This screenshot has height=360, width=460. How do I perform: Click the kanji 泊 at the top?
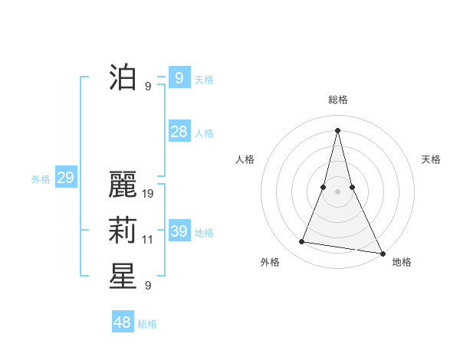123,77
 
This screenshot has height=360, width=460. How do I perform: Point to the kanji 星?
123,277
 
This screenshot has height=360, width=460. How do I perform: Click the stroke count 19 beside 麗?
149,194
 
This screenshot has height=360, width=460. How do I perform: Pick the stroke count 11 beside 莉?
148,240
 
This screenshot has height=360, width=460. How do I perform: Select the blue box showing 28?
179,132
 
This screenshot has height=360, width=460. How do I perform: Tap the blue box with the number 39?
179,231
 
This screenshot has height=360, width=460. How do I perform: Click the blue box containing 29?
65,178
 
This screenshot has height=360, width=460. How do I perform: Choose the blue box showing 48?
123,322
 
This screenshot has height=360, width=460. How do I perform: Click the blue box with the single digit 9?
179,77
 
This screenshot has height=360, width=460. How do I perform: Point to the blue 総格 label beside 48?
147,324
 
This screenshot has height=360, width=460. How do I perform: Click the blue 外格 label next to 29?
41,179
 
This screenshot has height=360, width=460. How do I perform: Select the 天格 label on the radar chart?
432,159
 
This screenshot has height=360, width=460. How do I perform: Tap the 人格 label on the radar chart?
245,159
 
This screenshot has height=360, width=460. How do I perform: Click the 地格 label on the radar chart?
402,262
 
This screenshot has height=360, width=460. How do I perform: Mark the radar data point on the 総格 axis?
337,129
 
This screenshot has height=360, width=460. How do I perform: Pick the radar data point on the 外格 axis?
302,242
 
